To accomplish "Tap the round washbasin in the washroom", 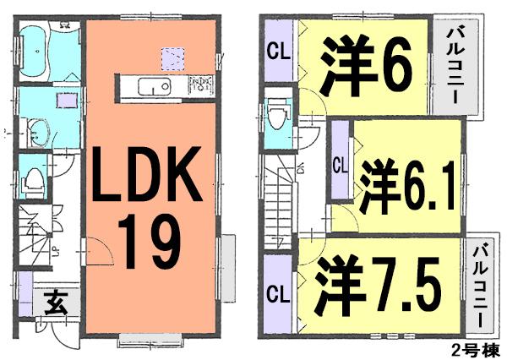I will pos(37,132).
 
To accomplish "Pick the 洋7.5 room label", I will pos(379,287).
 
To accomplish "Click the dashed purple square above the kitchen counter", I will pos(174,57).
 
